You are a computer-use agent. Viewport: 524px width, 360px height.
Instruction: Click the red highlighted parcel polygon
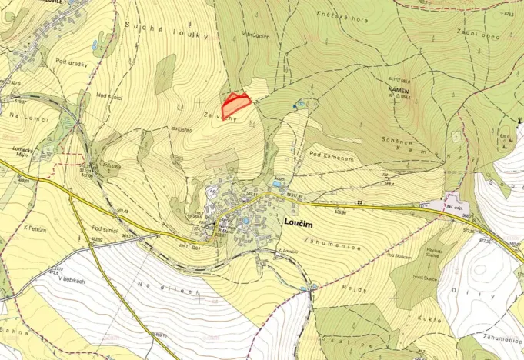pos(237,100)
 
